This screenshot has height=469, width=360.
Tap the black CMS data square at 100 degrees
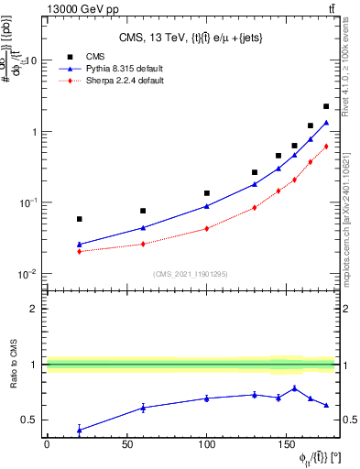coord(207,193)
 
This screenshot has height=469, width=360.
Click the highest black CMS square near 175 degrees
coord(326,106)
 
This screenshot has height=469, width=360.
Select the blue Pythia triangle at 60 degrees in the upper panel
coord(143,227)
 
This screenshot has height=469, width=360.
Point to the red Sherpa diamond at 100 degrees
coord(207,228)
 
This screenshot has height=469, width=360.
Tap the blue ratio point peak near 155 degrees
coord(294,388)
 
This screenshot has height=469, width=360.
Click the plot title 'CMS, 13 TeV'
coord(165,37)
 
